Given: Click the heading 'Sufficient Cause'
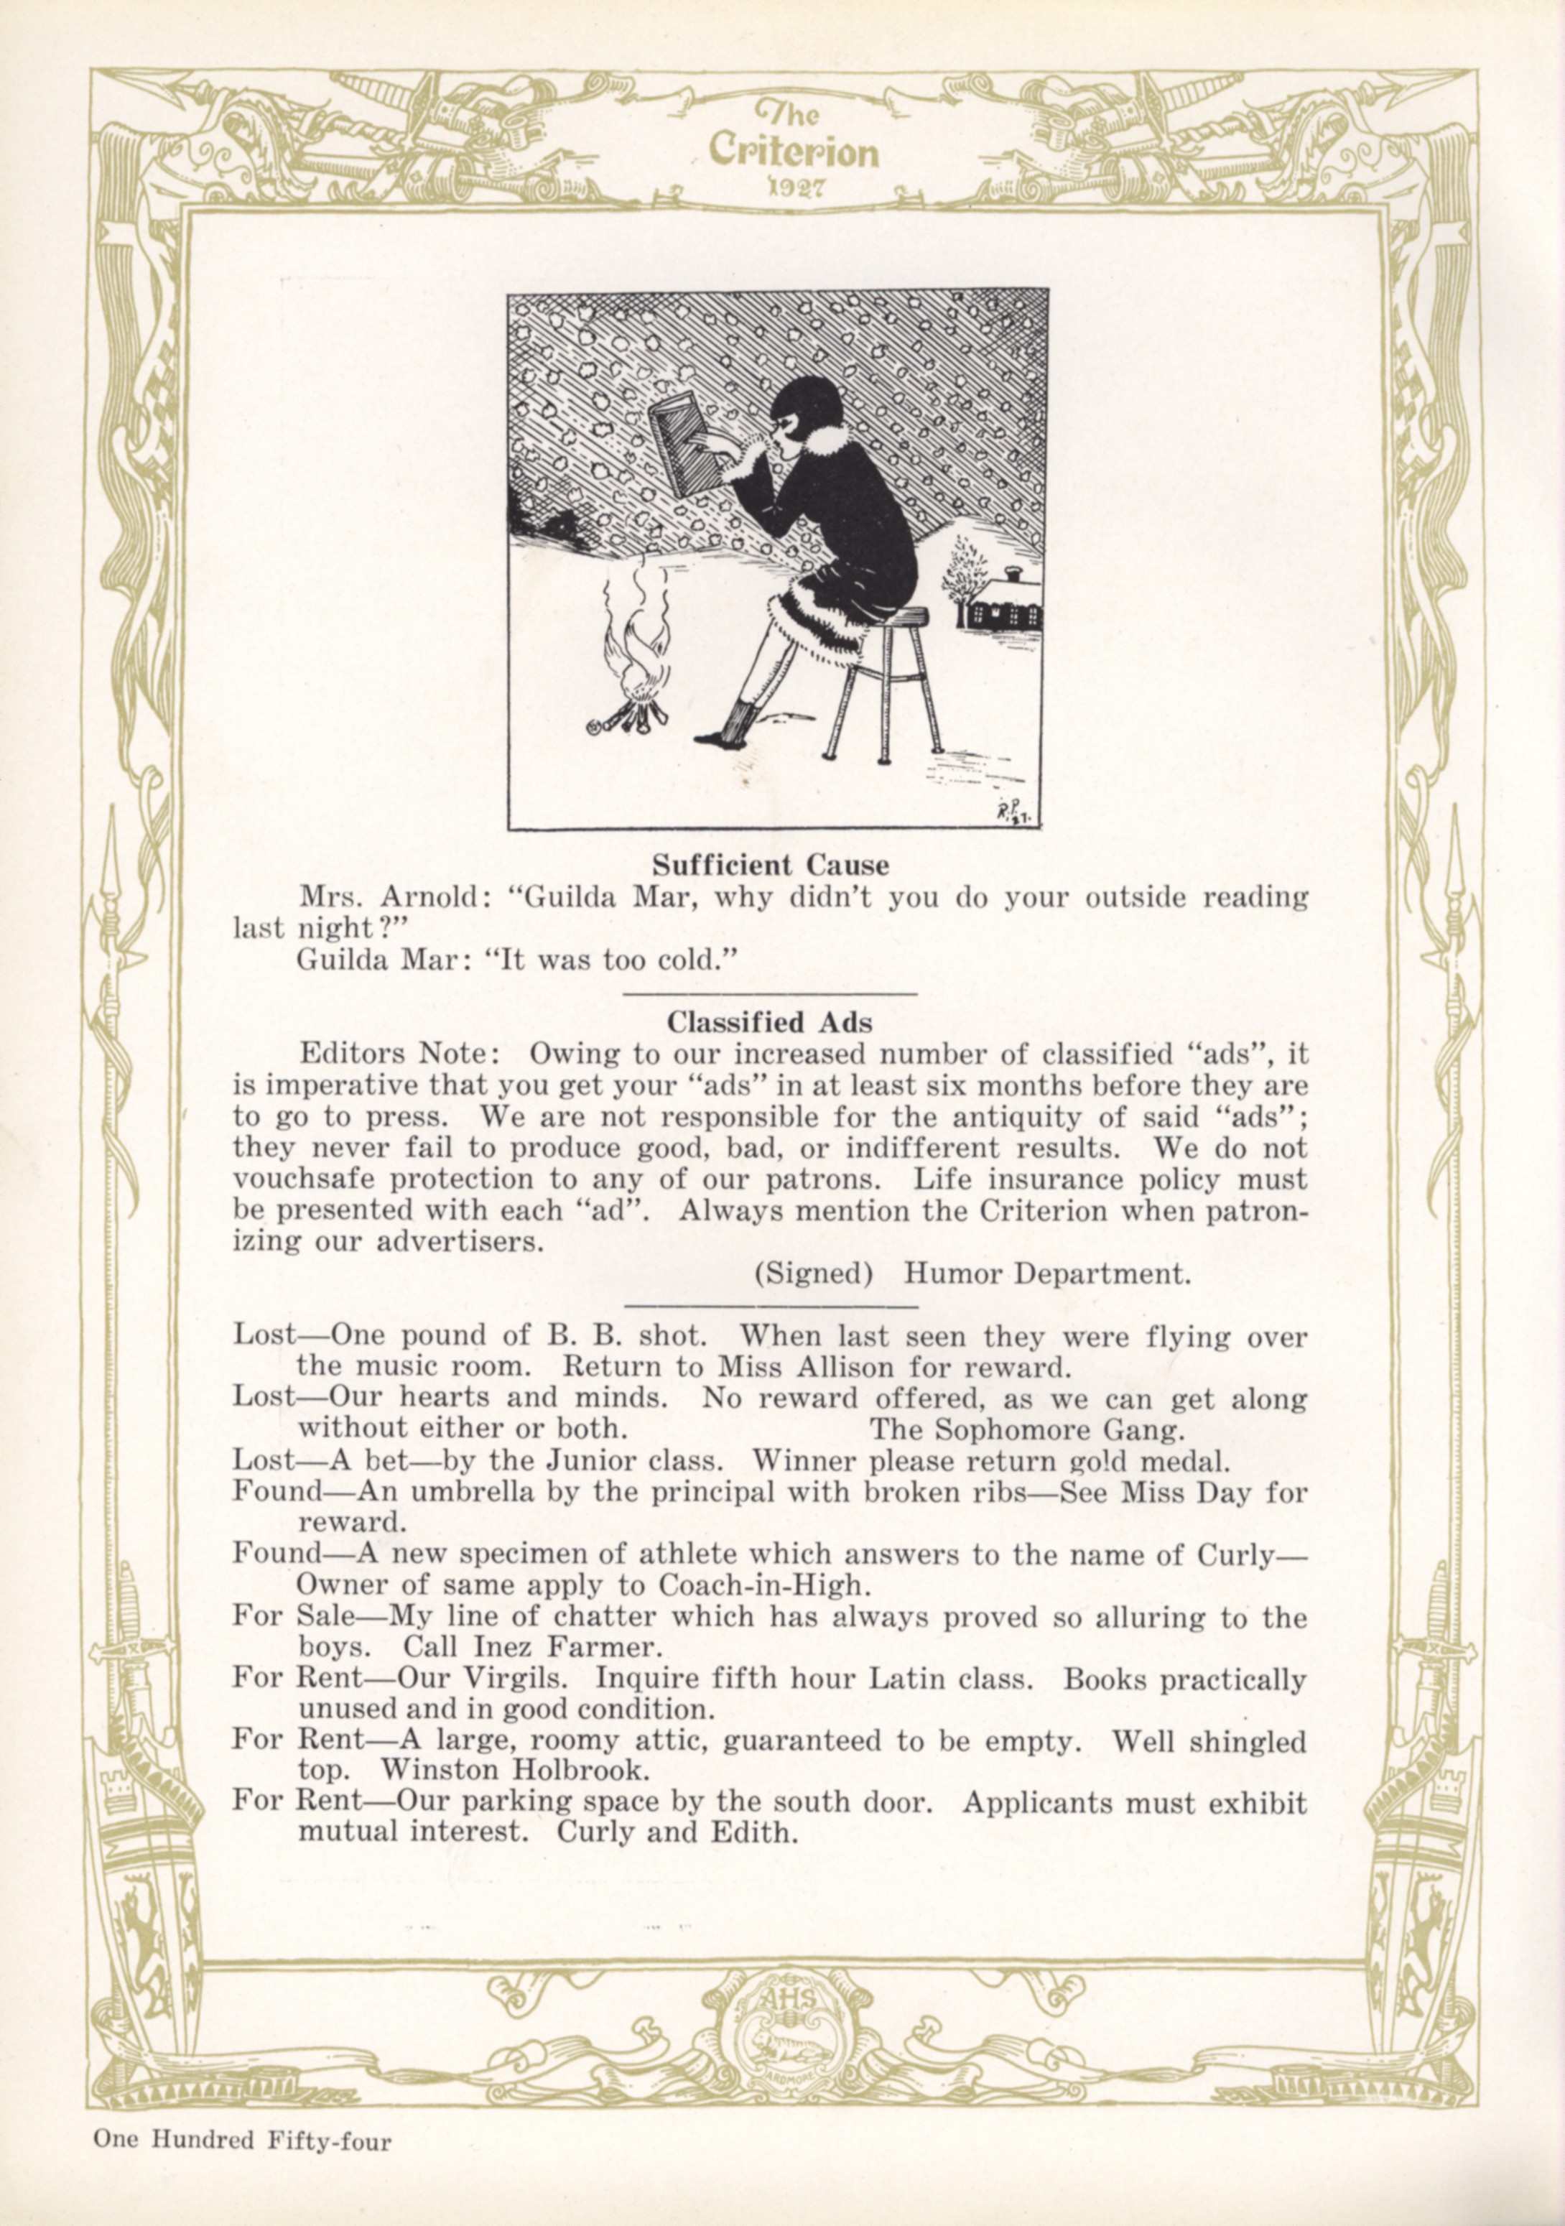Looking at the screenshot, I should [x=770, y=864].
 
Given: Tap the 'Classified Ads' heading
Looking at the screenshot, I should [x=769, y=1022].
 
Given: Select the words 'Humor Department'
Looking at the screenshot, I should [x=1046, y=1273].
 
